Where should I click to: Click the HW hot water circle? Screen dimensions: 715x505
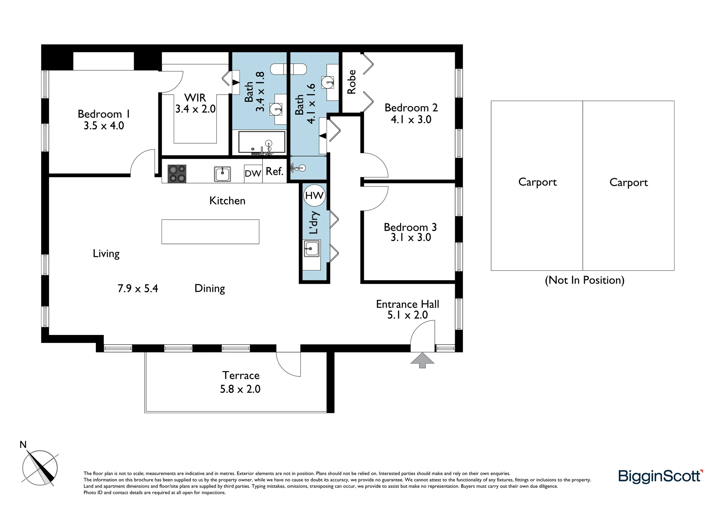tap(315, 195)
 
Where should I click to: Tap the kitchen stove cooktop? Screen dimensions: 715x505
tap(177, 174)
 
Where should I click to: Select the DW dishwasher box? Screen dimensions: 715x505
tap(253, 174)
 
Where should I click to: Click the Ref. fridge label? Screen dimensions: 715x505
tap(275, 171)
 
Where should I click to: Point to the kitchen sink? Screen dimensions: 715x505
tap(222, 174)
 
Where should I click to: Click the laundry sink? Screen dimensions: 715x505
tap(311, 249)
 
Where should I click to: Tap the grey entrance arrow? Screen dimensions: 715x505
tap(422, 360)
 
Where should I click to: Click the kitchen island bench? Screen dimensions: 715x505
tap(210, 232)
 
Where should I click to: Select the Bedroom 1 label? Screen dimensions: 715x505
tap(104, 114)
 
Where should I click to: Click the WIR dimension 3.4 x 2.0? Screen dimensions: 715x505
tap(195, 109)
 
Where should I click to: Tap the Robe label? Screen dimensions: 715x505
tap(352, 82)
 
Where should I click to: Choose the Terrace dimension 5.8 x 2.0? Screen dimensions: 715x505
tap(240, 389)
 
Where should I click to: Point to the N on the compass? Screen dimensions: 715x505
tap(23, 445)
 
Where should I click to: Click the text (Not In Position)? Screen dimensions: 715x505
tap(585, 280)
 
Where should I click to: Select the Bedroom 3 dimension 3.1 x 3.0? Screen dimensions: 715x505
tap(411, 237)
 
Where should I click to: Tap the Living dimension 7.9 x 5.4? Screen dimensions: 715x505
tap(138, 289)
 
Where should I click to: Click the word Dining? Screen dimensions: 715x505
tap(209, 289)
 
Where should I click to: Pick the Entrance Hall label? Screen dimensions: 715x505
tap(408, 304)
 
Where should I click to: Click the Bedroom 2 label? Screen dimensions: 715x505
tap(411, 107)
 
